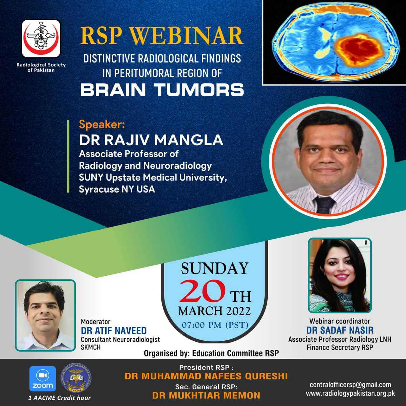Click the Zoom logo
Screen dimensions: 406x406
pos(43,379)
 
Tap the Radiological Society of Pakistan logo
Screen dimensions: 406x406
pos(41,39)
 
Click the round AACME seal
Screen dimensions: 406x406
pos(76,379)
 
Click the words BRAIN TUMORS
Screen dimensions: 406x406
pos(162,90)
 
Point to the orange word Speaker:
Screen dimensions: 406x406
pos(102,125)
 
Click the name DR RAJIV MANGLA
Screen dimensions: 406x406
pos(151,140)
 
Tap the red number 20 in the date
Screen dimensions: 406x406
pos(202,291)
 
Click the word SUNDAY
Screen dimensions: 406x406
pos(214,268)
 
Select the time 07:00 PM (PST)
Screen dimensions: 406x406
pos(215,325)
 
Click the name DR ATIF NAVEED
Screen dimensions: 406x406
pos(114,331)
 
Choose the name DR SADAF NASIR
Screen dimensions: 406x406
pos(340,330)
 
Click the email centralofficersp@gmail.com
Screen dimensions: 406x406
pos(350,385)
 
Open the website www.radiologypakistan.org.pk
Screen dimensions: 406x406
pos(350,393)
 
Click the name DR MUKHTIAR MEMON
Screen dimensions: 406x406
pos(206,396)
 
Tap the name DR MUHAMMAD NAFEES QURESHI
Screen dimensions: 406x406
pos(206,376)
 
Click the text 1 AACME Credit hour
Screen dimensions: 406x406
pos(60,398)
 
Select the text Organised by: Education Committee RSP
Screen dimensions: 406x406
pos(211,353)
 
